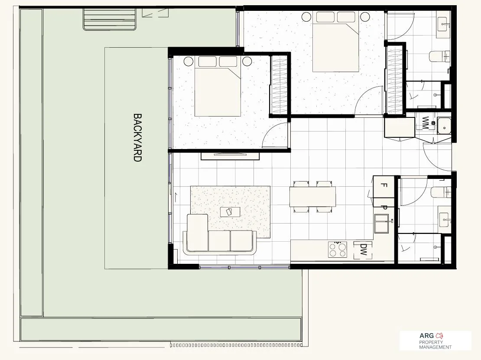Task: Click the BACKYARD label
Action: point(137,137)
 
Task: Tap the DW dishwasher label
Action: point(363,250)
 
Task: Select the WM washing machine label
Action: point(426,123)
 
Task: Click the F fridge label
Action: point(383,185)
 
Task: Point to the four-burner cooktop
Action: point(338,250)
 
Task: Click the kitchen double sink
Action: point(382,224)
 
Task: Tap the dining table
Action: point(312,197)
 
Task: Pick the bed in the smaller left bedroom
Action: point(218,87)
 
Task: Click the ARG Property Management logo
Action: point(435,341)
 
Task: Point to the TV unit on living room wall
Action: point(230,156)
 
